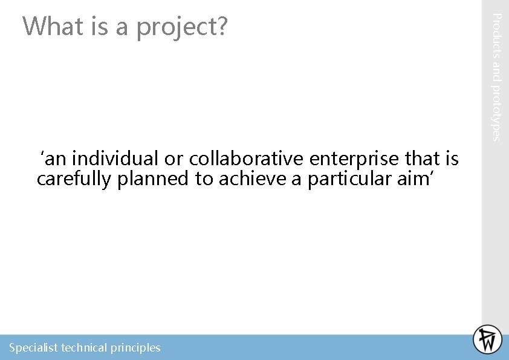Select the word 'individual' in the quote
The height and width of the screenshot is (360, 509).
tap(115, 159)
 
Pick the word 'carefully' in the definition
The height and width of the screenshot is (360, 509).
tap(74, 179)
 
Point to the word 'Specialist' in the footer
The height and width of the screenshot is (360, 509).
tap(33, 347)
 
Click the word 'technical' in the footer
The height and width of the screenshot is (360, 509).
tap(84, 347)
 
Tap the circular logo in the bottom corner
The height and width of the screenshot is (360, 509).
tap(487, 339)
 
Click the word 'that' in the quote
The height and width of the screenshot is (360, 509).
tap(423, 159)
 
